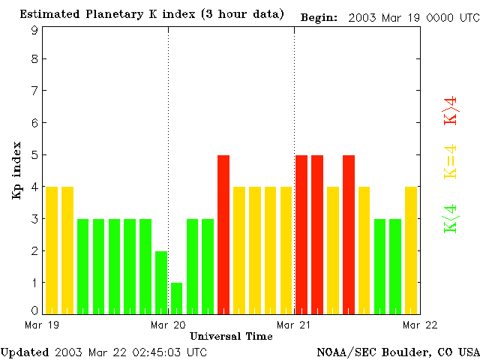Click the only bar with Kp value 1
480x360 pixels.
coord(176,298)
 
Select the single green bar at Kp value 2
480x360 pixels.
coord(160,282)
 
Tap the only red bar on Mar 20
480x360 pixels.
coord(223,234)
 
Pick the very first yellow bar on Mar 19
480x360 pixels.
coord(52,250)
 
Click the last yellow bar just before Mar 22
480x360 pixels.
coord(411,250)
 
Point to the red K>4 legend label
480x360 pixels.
coord(451,111)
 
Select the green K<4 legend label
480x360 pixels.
coord(451,218)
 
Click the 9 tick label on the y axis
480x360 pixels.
coord(34,31)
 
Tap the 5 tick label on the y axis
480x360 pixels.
coord(34,155)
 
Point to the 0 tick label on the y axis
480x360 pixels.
coord(34,310)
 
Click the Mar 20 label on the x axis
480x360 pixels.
coord(168,325)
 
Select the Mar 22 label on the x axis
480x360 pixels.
coord(421,325)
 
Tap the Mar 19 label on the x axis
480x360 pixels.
coord(42,325)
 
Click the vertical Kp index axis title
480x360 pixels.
coord(16,170)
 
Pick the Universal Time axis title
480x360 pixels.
coord(231,336)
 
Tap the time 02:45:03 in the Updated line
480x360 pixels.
coord(155,352)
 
